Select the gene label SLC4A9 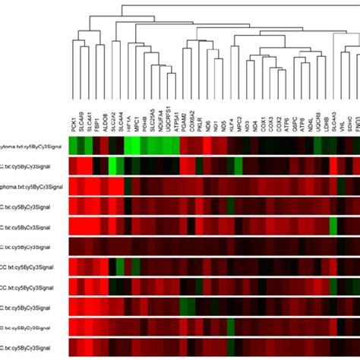pos(83,121)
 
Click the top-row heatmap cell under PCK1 pos(74,145)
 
